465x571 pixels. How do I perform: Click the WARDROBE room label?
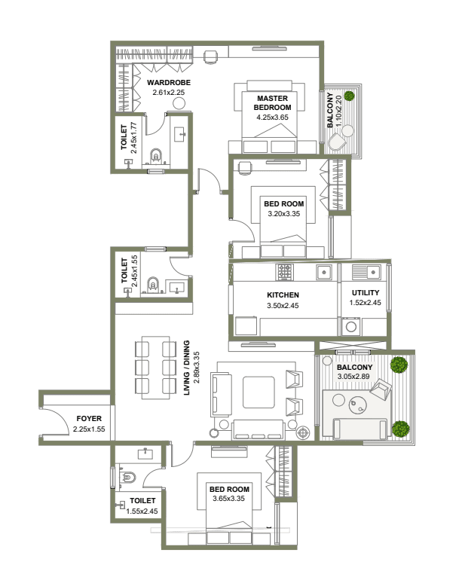(x=169, y=83)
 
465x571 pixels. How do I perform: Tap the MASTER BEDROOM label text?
(x=272, y=103)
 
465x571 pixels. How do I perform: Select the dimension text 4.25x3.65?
(x=272, y=118)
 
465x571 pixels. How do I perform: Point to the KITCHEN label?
(x=283, y=295)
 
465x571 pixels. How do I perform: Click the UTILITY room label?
(x=366, y=293)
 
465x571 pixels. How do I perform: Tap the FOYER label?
(x=89, y=419)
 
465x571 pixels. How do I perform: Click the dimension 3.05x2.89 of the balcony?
(x=353, y=377)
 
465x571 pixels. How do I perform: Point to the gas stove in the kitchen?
(x=286, y=272)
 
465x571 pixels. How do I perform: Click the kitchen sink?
(x=323, y=272)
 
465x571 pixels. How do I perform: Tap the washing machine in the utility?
(x=351, y=326)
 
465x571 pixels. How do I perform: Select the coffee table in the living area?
(x=259, y=392)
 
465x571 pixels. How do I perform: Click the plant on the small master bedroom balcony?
(x=349, y=96)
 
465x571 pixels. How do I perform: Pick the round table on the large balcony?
(x=358, y=406)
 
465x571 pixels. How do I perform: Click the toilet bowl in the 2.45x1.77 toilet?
(x=155, y=156)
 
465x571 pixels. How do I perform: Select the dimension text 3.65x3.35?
(x=228, y=499)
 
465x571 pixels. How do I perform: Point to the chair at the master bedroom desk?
(x=210, y=57)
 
